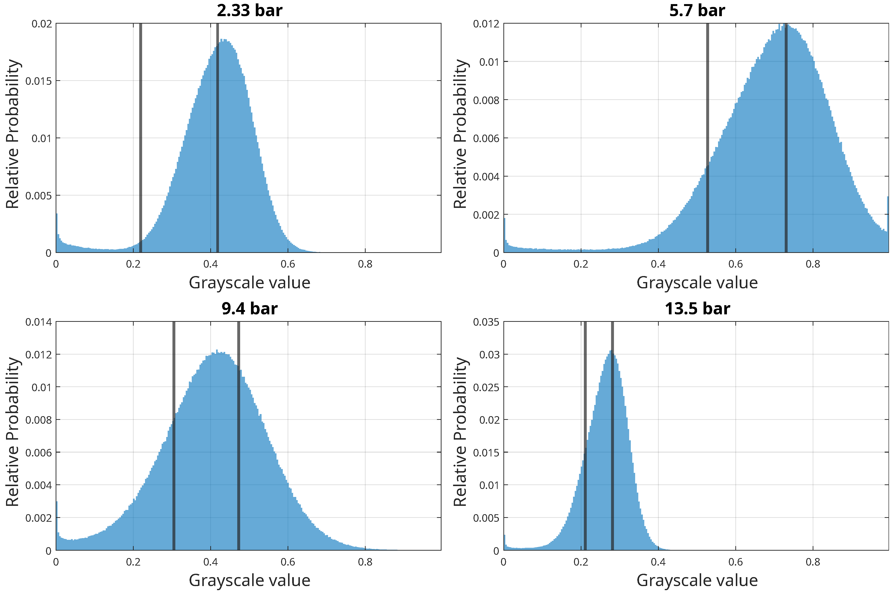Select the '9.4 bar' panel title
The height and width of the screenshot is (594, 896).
click(x=249, y=309)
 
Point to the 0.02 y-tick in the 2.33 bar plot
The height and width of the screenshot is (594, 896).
click(x=41, y=24)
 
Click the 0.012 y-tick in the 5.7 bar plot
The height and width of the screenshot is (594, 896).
click(x=486, y=24)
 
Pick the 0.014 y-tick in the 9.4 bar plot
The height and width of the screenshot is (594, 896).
click(x=38, y=322)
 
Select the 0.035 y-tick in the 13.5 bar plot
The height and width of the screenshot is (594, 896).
click(x=486, y=322)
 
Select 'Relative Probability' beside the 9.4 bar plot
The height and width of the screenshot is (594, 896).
click(x=13, y=432)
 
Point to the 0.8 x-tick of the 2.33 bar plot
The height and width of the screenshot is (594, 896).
click(x=365, y=264)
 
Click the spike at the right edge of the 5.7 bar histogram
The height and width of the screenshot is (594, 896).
click(x=887, y=212)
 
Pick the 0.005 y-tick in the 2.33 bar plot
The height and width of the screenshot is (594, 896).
click(x=38, y=196)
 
